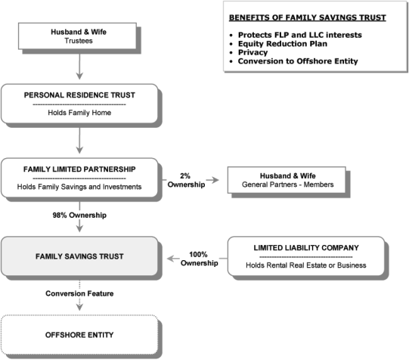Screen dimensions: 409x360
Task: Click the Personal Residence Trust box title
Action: point(79,95)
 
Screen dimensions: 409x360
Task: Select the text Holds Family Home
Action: point(79,113)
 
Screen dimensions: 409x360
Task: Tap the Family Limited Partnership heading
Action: point(79,169)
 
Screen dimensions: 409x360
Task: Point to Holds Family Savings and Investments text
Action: point(79,187)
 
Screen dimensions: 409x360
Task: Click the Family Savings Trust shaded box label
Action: point(79,256)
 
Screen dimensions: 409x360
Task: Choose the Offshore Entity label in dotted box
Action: point(79,335)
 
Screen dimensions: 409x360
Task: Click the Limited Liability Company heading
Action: point(306,248)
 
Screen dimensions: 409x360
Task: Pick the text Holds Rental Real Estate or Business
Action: point(306,265)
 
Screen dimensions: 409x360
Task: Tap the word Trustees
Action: point(79,41)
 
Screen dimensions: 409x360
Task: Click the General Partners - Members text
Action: point(288,185)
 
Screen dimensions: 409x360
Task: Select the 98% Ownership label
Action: point(79,216)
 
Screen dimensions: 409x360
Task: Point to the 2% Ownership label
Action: point(186,180)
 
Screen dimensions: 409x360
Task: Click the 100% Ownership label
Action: point(200,259)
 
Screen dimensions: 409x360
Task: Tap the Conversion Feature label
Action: point(79,293)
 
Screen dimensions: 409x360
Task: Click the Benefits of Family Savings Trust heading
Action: point(308,17)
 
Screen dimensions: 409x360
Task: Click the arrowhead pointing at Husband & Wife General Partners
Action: point(215,180)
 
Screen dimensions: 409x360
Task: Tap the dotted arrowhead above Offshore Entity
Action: point(79,307)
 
